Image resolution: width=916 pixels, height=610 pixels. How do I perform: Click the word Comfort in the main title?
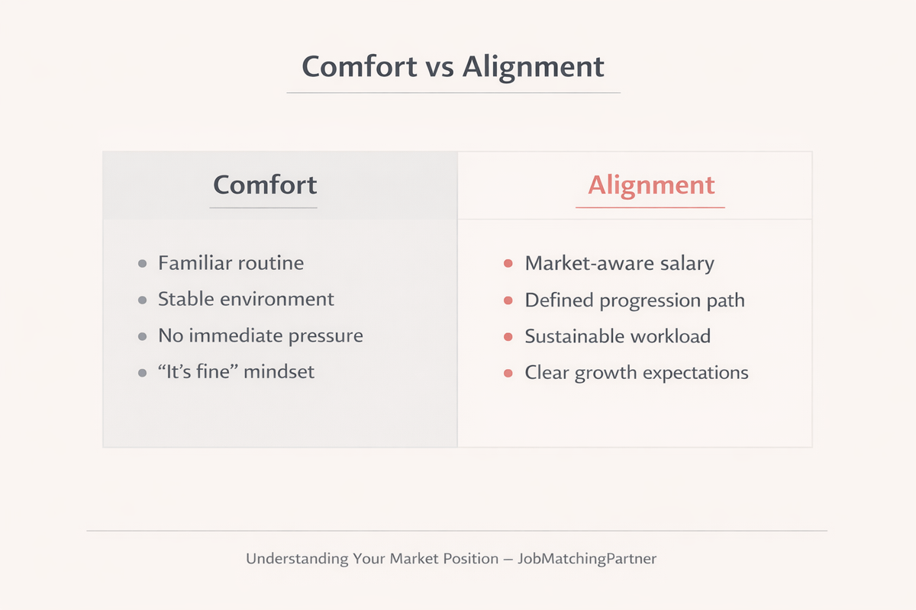pos(360,66)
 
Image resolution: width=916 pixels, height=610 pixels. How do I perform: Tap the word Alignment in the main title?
pos(534,67)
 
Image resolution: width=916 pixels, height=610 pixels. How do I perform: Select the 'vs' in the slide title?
pos(440,69)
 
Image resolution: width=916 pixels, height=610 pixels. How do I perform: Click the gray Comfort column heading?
pos(265,185)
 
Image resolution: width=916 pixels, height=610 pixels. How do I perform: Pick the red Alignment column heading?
pos(651,186)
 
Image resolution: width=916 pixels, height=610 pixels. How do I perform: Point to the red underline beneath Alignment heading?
pos(650,207)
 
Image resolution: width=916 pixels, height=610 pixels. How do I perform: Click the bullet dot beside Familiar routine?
pos(142,264)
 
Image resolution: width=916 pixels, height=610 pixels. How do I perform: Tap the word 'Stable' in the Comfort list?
pos(186,299)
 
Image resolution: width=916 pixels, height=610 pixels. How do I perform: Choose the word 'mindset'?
pos(279,372)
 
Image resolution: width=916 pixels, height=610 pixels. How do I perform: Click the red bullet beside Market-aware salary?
pos(508,264)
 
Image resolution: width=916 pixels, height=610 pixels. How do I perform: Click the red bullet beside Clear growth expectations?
pos(508,373)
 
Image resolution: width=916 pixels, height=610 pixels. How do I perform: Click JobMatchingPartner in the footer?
pos(587,558)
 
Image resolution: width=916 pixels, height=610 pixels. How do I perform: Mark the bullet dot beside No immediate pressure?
pos(142,337)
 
